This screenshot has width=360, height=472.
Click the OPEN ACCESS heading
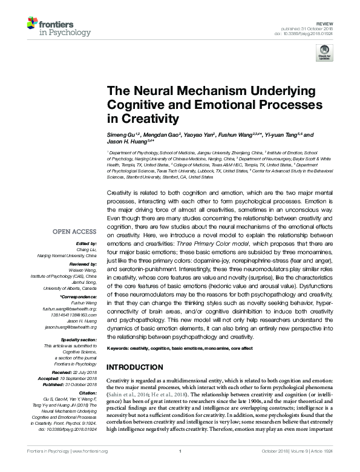tap(74, 231)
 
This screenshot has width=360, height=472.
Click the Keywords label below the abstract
tap(119, 349)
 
